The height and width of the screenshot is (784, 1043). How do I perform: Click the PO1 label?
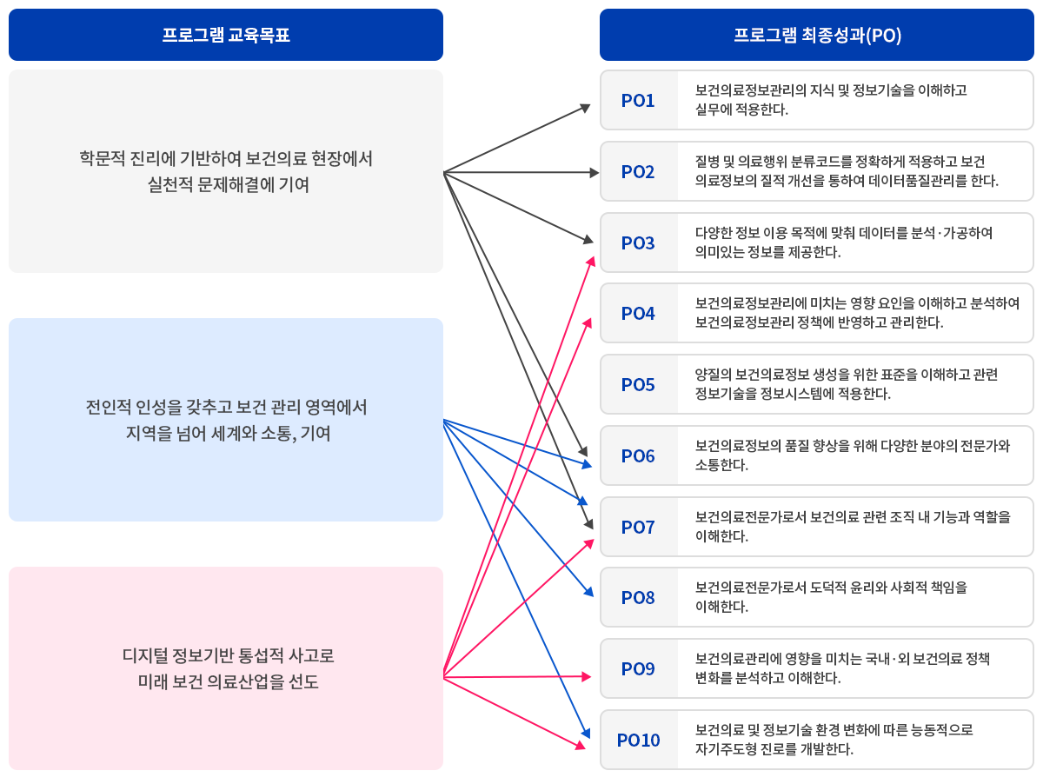pos(638,101)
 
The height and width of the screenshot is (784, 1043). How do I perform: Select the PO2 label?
pos(638,172)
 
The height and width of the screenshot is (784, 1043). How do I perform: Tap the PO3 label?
pos(638,243)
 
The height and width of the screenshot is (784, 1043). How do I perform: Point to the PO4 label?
pos(638,314)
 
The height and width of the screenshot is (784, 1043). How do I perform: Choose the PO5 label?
pos(638,385)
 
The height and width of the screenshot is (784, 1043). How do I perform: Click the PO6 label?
pos(638,456)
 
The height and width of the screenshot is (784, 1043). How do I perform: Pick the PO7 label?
pos(638,528)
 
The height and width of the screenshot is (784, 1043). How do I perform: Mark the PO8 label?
pos(638,598)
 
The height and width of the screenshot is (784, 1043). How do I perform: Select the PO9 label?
pos(638,669)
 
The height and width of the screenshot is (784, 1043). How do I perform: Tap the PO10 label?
pos(639,741)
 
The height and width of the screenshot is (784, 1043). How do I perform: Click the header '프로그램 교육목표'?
pos(226,36)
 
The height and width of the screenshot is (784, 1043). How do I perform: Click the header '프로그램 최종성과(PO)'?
pos(817,36)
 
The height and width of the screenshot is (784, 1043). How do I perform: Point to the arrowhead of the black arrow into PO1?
pos(586,108)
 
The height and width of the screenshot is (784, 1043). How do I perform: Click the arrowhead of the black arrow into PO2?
pos(595,173)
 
